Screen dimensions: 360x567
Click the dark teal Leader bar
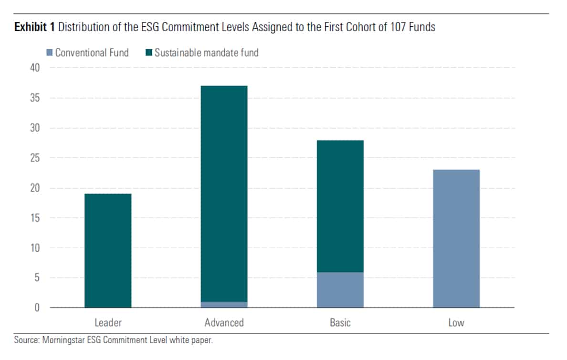click(x=108, y=250)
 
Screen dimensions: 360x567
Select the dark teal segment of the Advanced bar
click(x=224, y=193)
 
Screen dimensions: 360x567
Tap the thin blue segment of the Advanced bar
click(x=224, y=305)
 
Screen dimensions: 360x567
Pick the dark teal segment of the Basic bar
click(x=340, y=206)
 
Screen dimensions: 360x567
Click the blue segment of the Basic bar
click(x=340, y=290)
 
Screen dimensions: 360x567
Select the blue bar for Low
click(x=456, y=239)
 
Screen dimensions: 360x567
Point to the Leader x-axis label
click(x=108, y=323)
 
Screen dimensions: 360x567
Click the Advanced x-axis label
click(x=224, y=323)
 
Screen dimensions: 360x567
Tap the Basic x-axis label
click(x=340, y=323)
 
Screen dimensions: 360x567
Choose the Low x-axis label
click(x=456, y=323)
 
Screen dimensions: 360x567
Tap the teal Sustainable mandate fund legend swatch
click(x=149, y=53)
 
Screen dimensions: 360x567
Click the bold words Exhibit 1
click(x=34, y=27)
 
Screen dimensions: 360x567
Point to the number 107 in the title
click(x=390, y=27)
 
